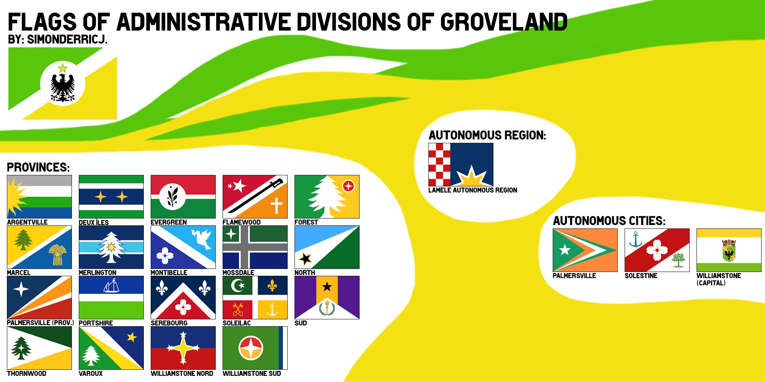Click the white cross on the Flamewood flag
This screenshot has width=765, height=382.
coord(276,206)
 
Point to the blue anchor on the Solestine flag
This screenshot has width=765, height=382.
coord(635,240)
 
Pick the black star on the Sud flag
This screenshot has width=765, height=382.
coord(327,286)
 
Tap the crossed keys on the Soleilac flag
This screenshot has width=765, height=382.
coord(238,310)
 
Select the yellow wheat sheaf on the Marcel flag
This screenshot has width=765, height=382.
coord(57,255)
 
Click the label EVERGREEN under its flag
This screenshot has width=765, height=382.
coord(169,222)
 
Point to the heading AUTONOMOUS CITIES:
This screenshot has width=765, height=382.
coord(609,221)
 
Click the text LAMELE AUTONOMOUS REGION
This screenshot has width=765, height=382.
coord(472,190)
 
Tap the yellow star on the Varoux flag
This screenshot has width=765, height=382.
coord(132,337)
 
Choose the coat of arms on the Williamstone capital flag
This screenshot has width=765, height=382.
coord(729,250)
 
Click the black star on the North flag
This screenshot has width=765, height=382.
coord(305,259)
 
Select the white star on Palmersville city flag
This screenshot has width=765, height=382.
coord(565,250)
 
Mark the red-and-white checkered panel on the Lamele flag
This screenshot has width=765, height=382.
coord(439,165)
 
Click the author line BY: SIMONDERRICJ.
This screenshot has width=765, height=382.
coord(57,39)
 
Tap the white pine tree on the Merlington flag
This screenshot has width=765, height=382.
coord(111,248)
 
